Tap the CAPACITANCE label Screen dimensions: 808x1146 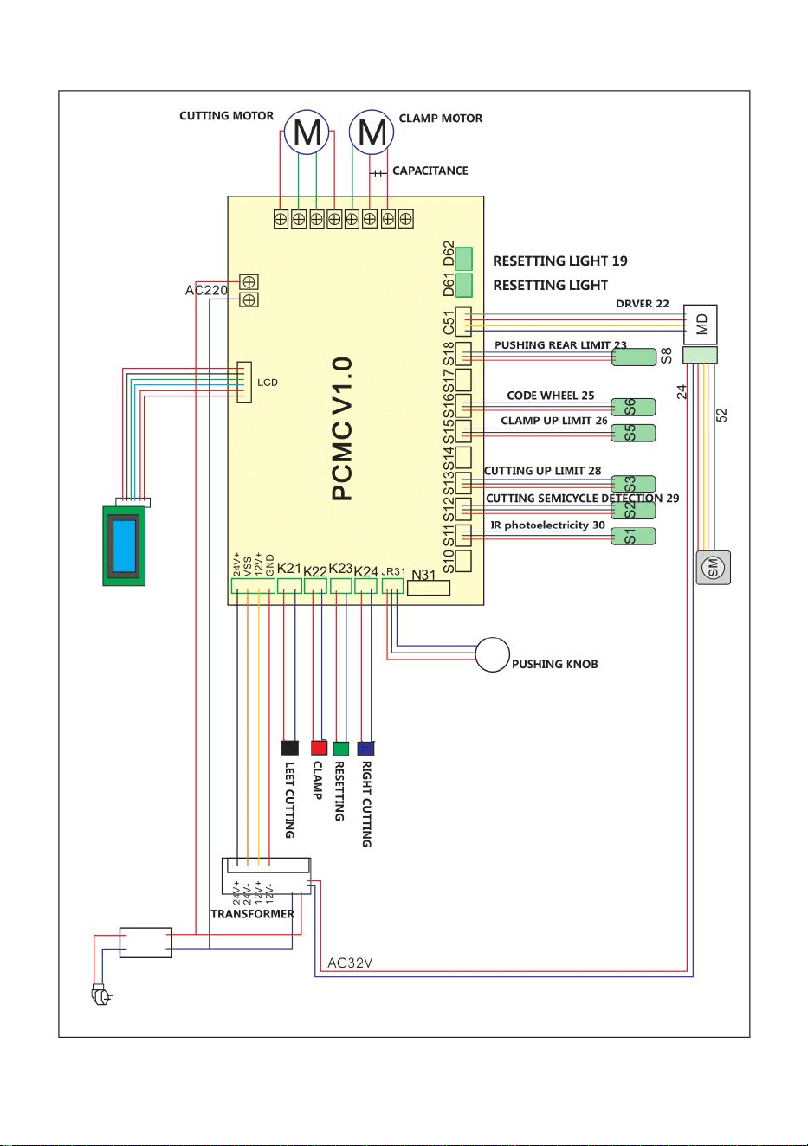[x=430, y=171]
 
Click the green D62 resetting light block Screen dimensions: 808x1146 [x=464, y=258]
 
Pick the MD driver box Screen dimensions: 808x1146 [x=701, y=325]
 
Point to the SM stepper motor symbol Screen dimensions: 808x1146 [x=714, y=567]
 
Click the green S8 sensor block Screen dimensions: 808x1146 [x=634, y=357]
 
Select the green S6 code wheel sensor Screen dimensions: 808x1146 [x=633, y=407]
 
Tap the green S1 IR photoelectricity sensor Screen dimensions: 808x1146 [x=633, y=536]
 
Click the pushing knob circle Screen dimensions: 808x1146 [x=492, y=655]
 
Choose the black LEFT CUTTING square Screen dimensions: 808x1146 [x=290, y=748]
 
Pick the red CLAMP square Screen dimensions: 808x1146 [x=319, y=748]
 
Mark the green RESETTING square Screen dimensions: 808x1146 [x=340, y=749]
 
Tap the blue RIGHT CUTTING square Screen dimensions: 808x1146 [x=365, y=749]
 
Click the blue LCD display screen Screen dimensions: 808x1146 [x=124, y=546]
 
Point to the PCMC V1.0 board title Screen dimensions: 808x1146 [x=342, y=428]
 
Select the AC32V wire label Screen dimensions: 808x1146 [x=350, y=963]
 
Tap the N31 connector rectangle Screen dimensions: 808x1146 [x=429, y=589]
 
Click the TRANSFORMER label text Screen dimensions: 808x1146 [x=252, y=914]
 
